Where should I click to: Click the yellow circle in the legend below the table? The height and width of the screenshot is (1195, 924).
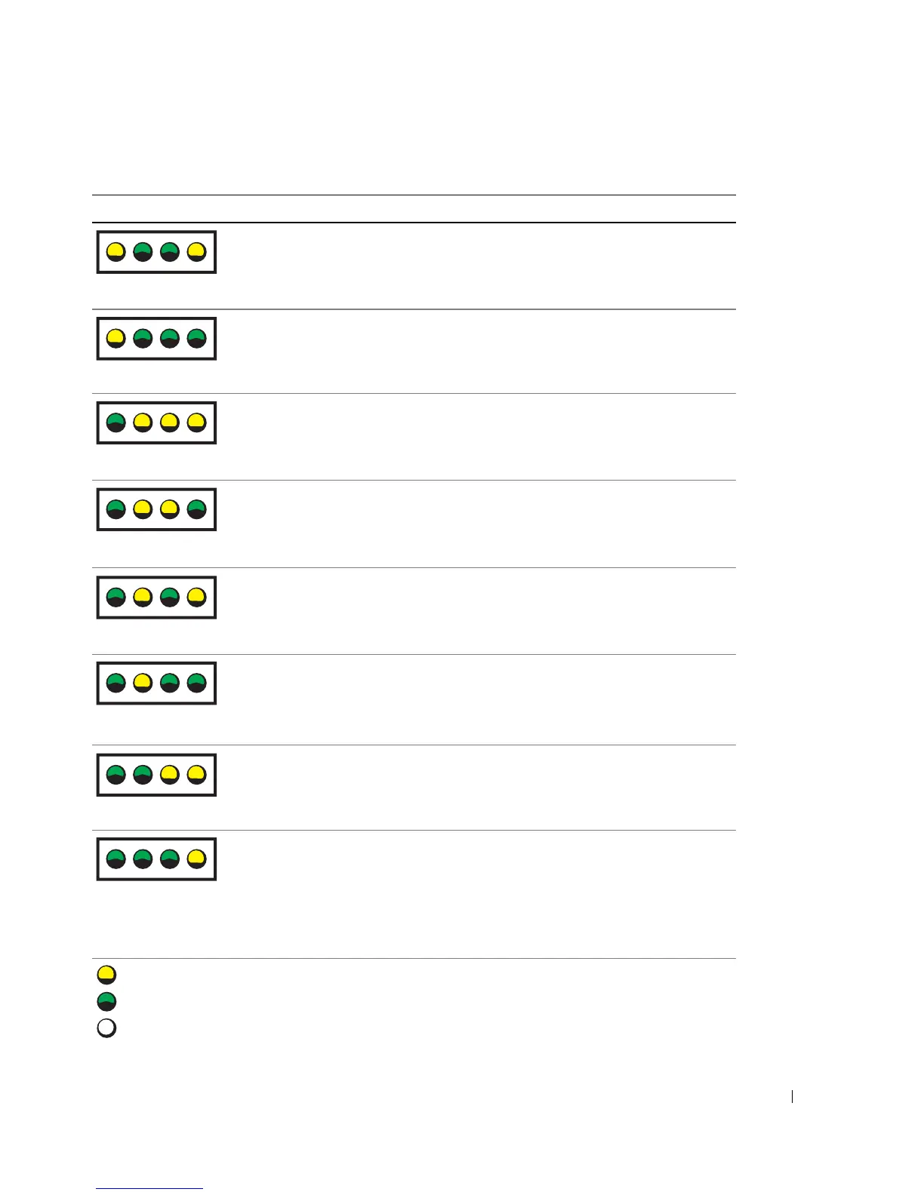pyautogui.click(x=106, y=974)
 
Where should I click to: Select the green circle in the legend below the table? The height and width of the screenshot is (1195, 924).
pyautogui.click(x=106, y=1001)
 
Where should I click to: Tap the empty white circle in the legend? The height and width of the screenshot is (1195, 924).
pyautogui.click(x=106, y=1028)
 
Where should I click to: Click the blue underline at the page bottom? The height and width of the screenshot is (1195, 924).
pyautogui.click(x=149, y=1189)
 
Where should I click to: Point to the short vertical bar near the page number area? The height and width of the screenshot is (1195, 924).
pyautogui.click(x=792, y=1096)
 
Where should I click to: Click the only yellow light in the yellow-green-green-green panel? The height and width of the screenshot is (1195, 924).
pyautogui.click(x=115, y=338)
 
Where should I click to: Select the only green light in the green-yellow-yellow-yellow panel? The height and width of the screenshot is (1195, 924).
pyautogui.click(x=115, y=422)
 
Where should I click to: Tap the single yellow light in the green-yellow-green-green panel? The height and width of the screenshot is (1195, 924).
pyautogui.click(x=143, y=684)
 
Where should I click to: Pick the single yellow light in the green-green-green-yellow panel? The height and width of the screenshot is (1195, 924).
pyautogui.click(x=196, y=859)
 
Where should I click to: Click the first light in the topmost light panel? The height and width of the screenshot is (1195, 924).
pyautogui.click(x=115, y=251)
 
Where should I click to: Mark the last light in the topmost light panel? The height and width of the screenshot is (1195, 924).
pyautogui.click(x=196, y=251)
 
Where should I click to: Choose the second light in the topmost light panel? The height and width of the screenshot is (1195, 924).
pyautogui.click(x=143, y=251)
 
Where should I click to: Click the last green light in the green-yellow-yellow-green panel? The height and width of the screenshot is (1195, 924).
pyautogui.click(x=196, y=509)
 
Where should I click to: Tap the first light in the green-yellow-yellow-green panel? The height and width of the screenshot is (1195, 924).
pyautogui.click(x=115, y=509)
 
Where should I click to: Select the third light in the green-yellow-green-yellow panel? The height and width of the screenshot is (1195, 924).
pyautogui.click(x=170, y=597)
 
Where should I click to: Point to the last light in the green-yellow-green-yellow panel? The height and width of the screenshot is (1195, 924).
pyautogui.click(x=196, y=597)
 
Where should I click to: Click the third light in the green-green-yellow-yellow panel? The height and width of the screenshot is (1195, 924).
pyautogui.click(x=170, y=774)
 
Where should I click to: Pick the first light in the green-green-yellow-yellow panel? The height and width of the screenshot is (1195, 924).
pyautogui.click(x=115, y=774)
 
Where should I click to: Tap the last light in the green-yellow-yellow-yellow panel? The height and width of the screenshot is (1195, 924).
pyautogui.click(x=196, y=422)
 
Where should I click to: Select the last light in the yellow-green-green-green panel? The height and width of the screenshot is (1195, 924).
pyautogui.click(x=196, y=338)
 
